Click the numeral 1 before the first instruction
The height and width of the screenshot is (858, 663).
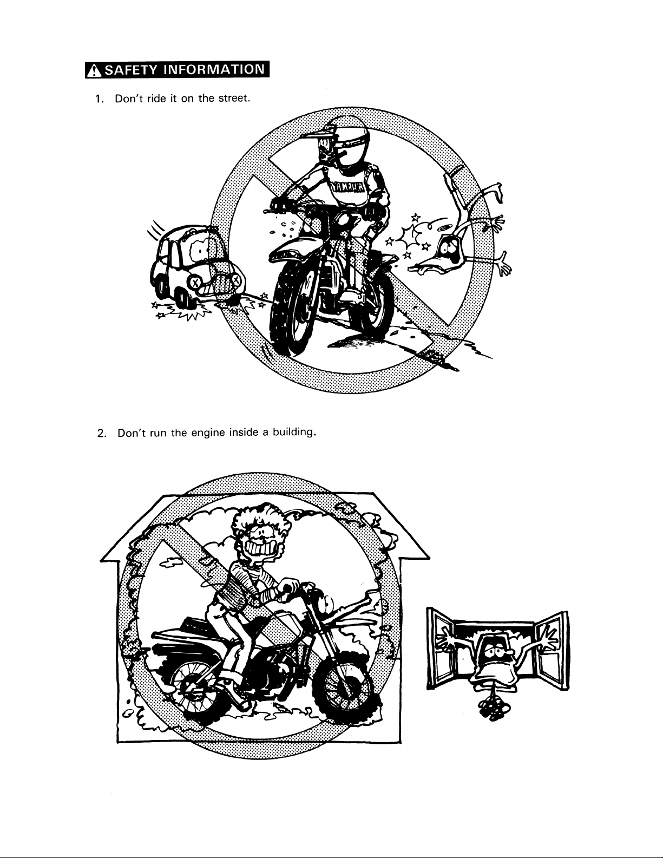tap(98, 100)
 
